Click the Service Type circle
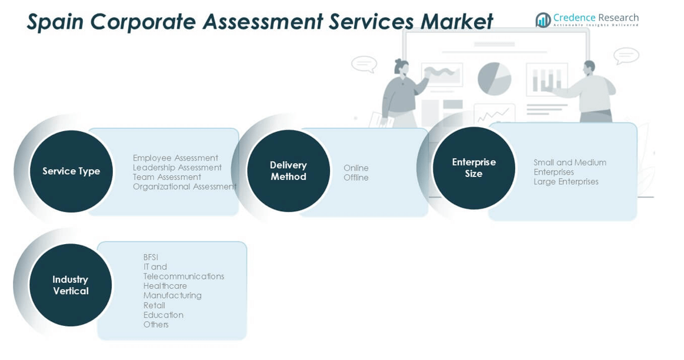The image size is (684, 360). coord(71,171)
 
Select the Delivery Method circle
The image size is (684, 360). coord(288,171)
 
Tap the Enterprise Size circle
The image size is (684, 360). coord(473,168)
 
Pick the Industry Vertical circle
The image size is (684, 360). coord(71,285)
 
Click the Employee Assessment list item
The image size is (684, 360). coord(175,158)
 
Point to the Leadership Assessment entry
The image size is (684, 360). coord(177,168)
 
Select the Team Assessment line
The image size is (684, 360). coord(166,177)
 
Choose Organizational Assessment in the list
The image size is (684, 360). coord(184,186)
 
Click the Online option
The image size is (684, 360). coord(356,168)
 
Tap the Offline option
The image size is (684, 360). coord(356,178)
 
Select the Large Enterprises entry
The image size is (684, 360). coord(566,182)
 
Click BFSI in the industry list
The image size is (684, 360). coord(151,257)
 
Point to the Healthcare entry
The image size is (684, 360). coord(165,286)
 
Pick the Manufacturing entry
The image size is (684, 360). coord(172,295)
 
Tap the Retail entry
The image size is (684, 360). coord(154,305)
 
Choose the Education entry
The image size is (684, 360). coord(163,315)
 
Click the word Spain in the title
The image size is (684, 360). coord(55,22)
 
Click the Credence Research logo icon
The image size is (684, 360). coord(543,20)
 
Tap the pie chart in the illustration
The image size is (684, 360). coord(494,78)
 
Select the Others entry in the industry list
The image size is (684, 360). coord(156,325)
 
